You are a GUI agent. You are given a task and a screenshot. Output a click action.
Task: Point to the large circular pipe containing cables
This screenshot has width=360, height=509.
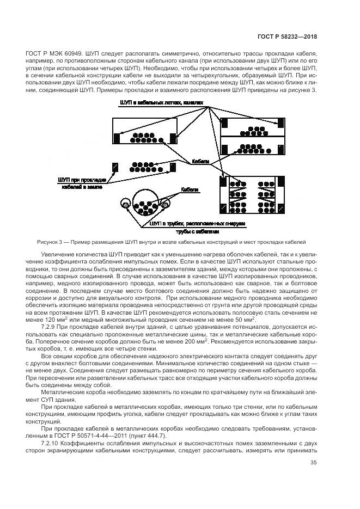[147, 204]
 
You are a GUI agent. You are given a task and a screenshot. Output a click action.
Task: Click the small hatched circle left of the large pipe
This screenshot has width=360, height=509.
[125, 205]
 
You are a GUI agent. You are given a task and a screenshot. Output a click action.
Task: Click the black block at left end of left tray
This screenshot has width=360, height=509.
[117, 138]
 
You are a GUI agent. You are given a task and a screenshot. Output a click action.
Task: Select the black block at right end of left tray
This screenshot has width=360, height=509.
[173, 138]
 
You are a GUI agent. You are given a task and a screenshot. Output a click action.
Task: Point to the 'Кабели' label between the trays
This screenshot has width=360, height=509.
[200, 161]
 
